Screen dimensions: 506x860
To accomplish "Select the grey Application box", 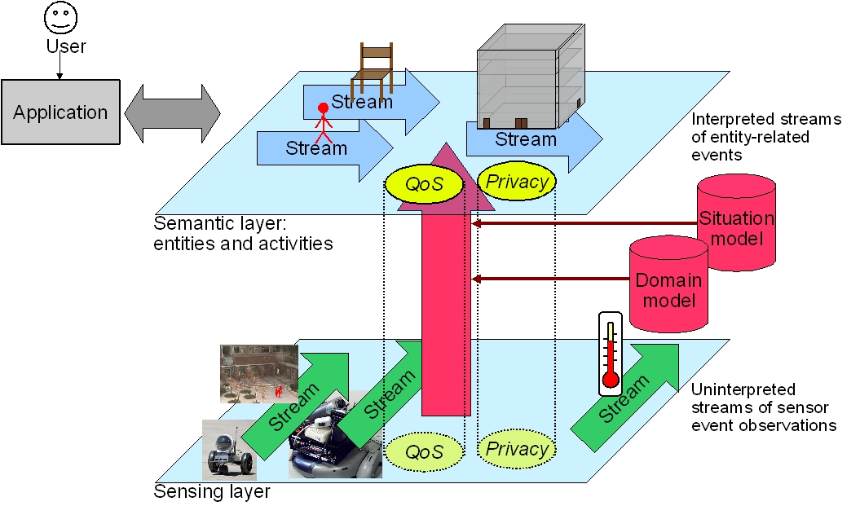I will pos(60,112).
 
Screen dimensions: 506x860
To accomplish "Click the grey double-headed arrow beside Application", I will pos(172,112).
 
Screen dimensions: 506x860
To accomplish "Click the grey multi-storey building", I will pos(530,73).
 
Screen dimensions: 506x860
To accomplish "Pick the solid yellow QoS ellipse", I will pos(424,184).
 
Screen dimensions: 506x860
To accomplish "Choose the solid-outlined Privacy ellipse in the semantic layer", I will pos(517,181).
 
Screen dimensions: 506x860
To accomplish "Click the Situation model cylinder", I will pos(737,220).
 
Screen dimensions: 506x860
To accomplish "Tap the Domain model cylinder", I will pos(668,287).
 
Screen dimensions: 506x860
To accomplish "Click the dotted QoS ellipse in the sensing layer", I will pos(424,451).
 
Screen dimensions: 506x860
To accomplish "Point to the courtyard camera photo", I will pos(258,374).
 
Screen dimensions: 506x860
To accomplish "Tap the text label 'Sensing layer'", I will pos(212,492).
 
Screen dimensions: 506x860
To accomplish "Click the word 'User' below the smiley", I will pos(66,46).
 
